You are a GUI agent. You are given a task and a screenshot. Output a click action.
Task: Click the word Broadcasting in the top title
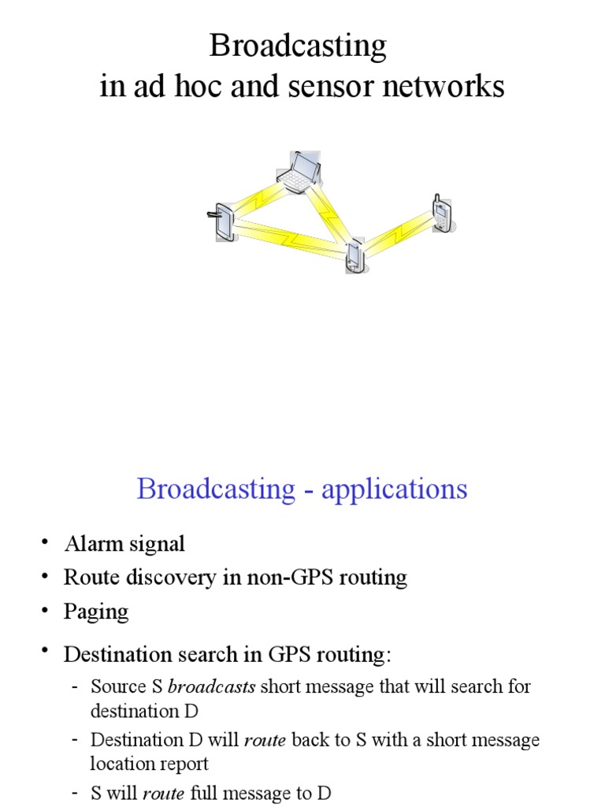[298, 47]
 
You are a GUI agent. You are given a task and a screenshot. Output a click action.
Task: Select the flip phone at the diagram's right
[442, 213]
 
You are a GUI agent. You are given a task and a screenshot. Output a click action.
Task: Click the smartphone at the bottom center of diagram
[354, 256]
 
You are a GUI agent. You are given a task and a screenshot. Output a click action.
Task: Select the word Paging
[96, 612]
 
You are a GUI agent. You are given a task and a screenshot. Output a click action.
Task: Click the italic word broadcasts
[211, 686]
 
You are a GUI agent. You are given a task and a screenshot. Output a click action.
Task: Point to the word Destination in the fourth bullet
[116, 654]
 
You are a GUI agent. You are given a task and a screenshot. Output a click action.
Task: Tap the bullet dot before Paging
[46, 609]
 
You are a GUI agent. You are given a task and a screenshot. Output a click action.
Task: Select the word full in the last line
[204, 793]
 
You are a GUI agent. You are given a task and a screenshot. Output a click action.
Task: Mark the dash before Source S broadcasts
[74, 686]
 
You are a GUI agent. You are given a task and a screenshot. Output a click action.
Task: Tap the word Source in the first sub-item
[113, 686]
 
